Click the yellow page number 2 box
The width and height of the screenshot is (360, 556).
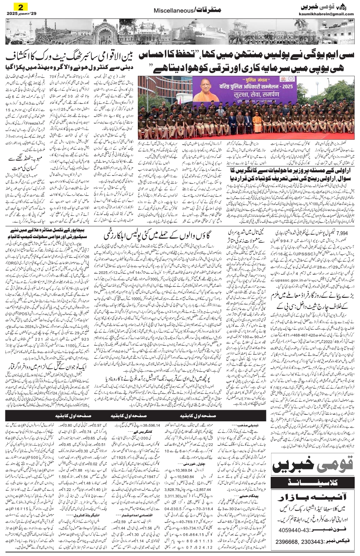pos(18,7)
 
